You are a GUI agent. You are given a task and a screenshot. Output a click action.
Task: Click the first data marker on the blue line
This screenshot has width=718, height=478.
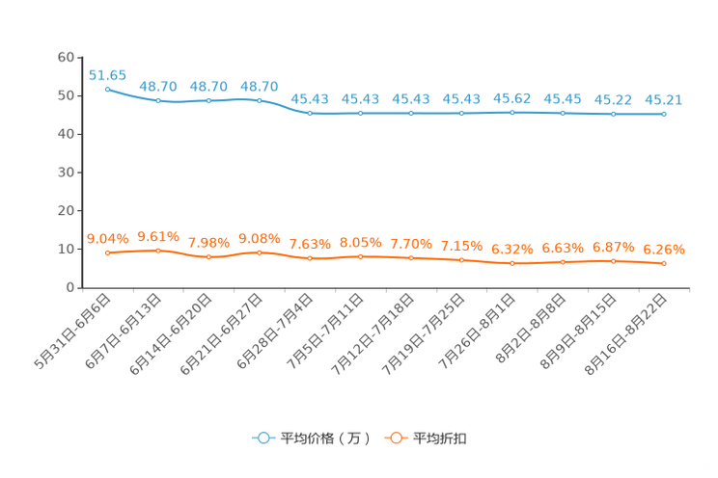pos(107,88)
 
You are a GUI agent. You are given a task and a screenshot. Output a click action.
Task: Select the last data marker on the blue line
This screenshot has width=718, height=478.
pos(664,114)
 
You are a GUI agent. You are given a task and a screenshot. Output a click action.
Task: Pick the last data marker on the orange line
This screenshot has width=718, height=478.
pos(664,264)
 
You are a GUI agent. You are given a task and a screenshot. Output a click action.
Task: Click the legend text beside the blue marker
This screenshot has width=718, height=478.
pos(325,438)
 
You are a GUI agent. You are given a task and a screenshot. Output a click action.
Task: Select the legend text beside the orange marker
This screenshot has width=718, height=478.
pos(441,438)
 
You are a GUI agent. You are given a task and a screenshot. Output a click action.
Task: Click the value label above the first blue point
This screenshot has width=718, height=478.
pos(107,74)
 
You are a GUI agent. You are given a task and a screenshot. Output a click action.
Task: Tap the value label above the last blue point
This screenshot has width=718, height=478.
pos(664,99)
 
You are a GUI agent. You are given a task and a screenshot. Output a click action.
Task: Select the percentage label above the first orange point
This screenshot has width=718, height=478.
pos(107,238)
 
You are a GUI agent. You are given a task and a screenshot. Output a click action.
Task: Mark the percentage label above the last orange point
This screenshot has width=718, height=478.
pos(664,250)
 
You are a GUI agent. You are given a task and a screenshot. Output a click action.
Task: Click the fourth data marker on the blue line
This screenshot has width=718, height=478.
pos(260,99)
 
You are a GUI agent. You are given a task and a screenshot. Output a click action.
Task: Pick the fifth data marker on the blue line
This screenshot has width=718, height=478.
pos(310,113)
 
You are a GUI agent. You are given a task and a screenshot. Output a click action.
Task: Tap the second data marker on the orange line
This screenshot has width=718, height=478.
pos(158,251)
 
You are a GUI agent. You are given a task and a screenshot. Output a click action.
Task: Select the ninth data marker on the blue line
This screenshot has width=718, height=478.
pos(511,112)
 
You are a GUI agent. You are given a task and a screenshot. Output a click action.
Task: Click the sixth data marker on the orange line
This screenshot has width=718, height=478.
pos(361,256)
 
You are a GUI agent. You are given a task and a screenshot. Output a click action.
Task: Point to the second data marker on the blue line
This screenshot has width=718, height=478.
pos(158,100)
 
